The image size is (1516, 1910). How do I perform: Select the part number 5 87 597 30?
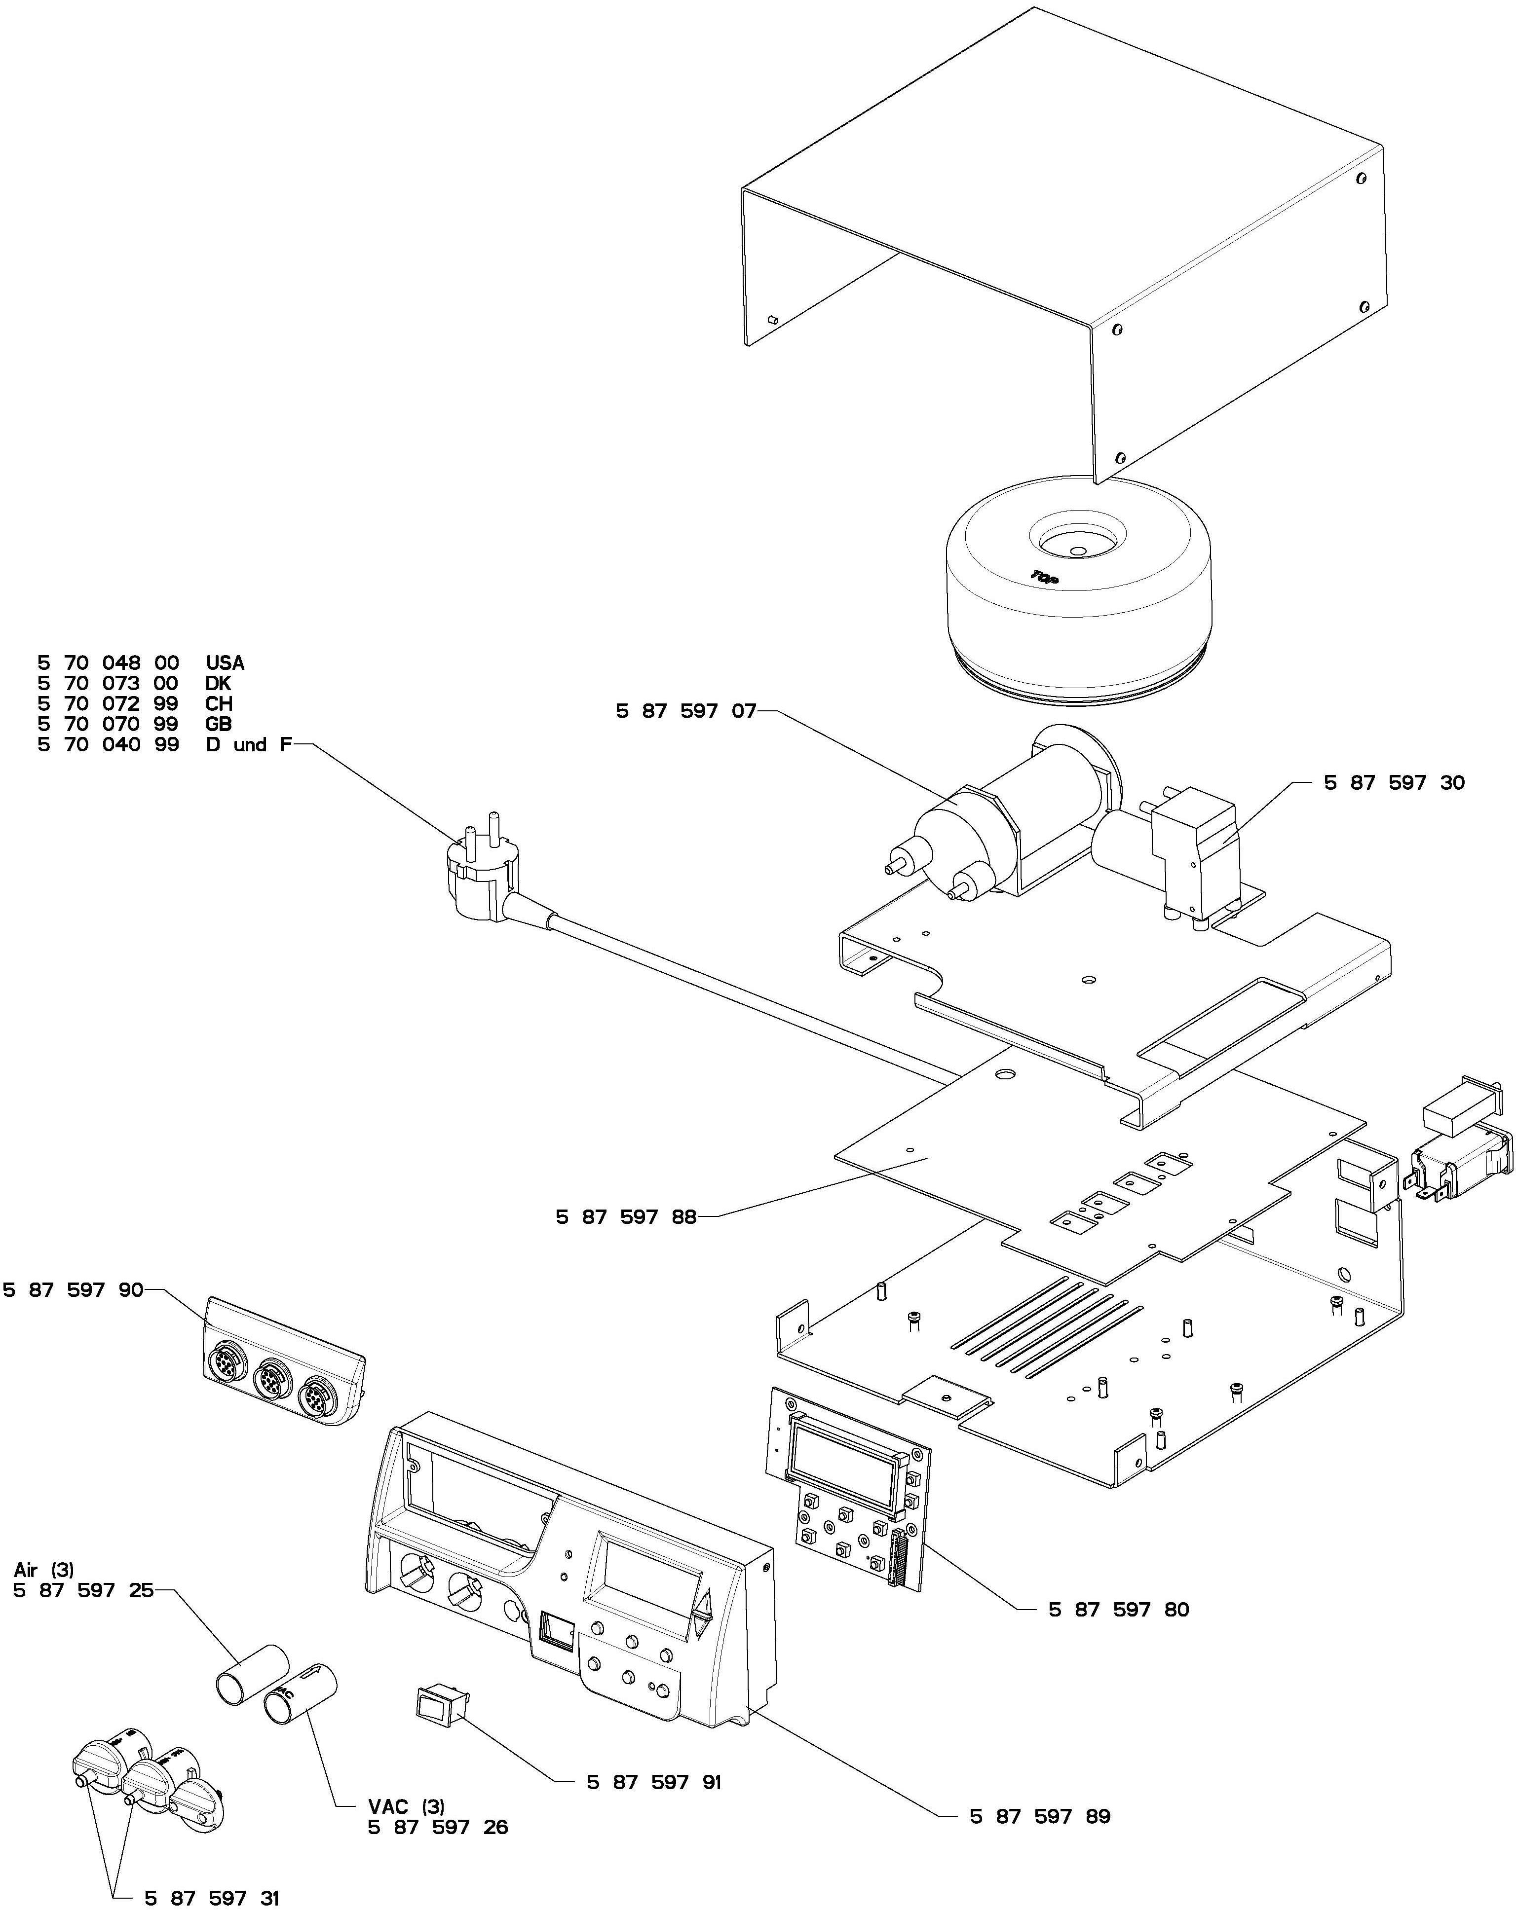tap(1394, 782)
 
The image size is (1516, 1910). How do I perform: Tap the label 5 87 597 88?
tap(626, 1217)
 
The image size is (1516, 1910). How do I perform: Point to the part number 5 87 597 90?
tap(73, 1290)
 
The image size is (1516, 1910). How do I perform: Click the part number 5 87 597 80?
tap(1118, 1610)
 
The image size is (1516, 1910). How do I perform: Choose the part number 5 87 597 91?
tap(654, 1782)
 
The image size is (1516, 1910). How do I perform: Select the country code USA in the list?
tap(225, 662)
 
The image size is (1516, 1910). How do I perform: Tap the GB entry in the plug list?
tap(218, 724)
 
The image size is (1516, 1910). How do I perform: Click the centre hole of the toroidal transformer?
tap(1076, 549)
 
